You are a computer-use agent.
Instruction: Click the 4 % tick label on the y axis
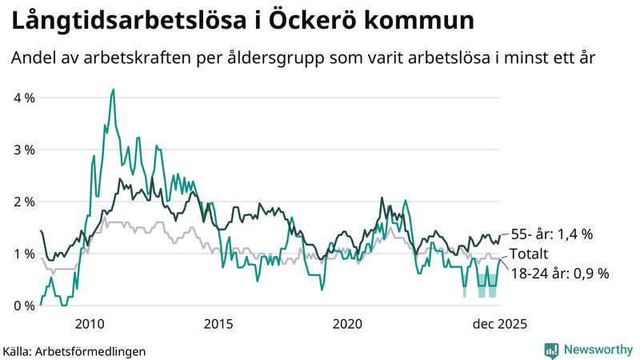(x=24, y=98)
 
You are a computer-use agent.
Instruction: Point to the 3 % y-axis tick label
(x=24, y=150)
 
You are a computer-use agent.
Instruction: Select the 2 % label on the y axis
(x=24, y=202)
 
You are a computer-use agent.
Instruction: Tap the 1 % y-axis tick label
(x=24, y=254)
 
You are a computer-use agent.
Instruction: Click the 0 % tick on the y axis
(x=24, y=306)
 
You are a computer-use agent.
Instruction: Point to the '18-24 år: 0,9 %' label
(x=559, y=273)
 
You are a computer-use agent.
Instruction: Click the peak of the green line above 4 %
(x=113, y=90)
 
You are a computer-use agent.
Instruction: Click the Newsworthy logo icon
(x=551, y=350)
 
